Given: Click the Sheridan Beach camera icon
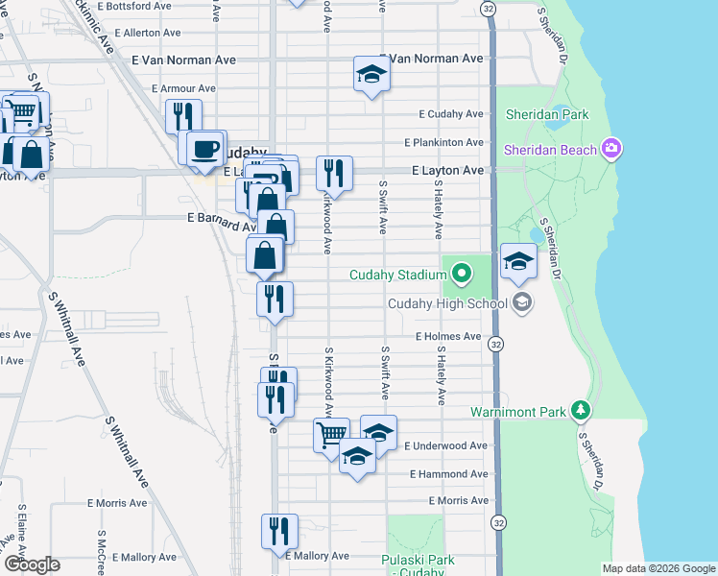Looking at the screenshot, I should click(x=611, y=148).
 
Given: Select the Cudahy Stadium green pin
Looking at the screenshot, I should click(x=462, y=276).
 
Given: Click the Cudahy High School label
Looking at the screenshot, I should click(x=447, y=304).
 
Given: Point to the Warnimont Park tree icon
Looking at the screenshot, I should click(x=580, y=411).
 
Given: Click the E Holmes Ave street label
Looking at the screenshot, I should click(x=447, y=337).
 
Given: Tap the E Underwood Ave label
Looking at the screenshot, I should click(x=446, y=446).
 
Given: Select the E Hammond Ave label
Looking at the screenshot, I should click(x=449, y=474).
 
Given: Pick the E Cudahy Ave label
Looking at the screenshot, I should click(x=451, y=114).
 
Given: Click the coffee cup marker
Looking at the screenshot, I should click(x=203, y=149).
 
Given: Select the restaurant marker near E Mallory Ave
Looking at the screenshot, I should click(x=279, y=530).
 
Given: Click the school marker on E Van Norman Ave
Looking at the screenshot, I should click(x=371, y=74).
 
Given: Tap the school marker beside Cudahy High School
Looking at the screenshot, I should click(x=518, y=261).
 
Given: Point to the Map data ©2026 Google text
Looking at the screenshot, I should click(x=658, y=568).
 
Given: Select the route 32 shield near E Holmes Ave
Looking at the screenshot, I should click(x=495, y=344).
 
